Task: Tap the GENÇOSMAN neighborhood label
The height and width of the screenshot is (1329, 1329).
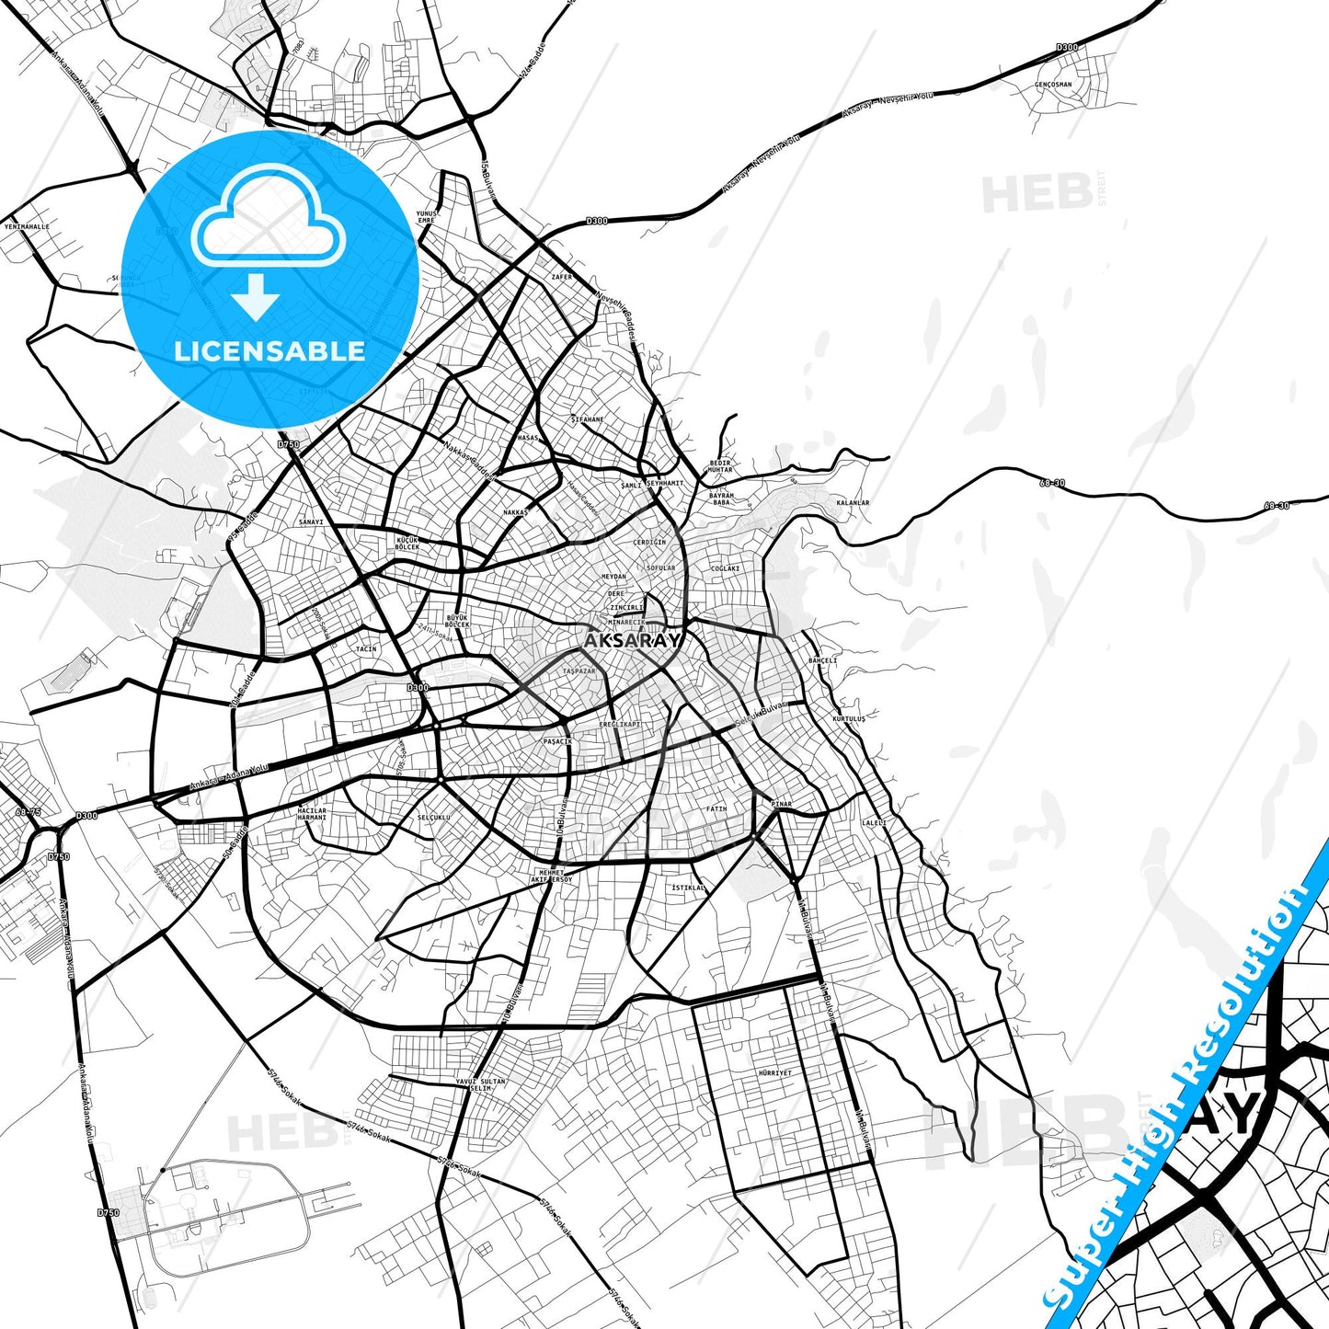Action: (x=1053, y=85)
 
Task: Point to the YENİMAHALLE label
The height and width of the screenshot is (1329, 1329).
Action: (x=27, y=225)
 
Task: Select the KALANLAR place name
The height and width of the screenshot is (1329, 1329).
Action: (x=852, y=503)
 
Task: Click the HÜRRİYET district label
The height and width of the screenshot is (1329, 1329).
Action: (x=774, y=1072)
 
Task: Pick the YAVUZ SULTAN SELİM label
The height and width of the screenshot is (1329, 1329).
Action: (x=481, y=1084)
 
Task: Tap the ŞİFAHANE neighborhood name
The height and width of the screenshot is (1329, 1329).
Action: (x=587, y=419)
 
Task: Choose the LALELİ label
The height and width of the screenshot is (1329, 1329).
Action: (x=874, y=822)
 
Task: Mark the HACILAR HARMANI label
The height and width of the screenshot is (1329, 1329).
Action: (x=313, y=814)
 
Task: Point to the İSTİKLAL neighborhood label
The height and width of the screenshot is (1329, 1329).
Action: (x=688, y=888)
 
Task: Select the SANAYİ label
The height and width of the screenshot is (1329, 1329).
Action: (x=311, y=521)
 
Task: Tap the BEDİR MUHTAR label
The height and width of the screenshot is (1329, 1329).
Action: (x=720, y=466)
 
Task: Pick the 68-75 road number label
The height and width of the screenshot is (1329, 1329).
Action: (x=29, y=811)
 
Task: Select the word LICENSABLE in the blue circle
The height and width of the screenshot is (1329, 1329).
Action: (x=269, y=350)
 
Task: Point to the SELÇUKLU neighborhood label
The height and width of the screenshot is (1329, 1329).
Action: (x=433, y=817)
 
